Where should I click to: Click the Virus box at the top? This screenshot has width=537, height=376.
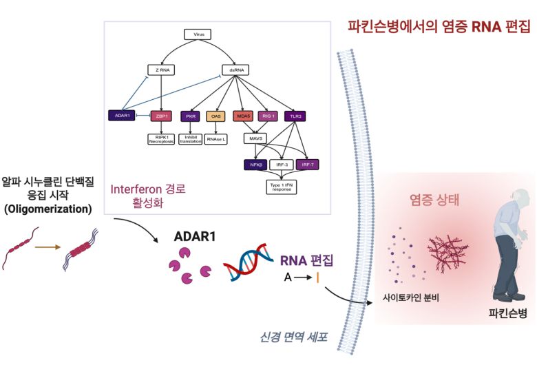[198, 34]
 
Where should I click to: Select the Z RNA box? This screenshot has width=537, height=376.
[160, 70]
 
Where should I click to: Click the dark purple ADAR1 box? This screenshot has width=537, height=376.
[120, 116]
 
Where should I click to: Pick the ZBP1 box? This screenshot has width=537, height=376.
[161, 116]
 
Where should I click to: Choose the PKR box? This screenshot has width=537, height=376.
[191, 116]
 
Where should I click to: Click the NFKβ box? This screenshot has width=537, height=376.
[254, 165]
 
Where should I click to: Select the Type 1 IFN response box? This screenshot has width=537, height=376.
[280, 187]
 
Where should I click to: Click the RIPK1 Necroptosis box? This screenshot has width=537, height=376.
[161, 139]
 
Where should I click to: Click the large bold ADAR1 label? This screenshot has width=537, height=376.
[195, 236]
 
